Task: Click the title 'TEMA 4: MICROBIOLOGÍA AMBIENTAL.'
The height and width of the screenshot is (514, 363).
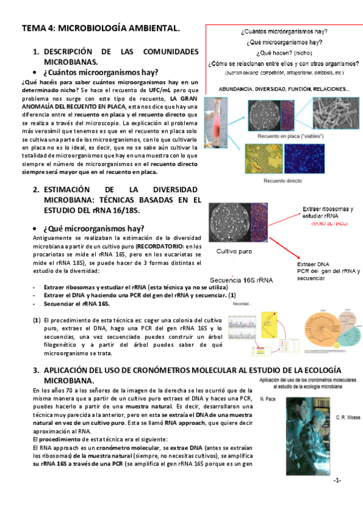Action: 101,28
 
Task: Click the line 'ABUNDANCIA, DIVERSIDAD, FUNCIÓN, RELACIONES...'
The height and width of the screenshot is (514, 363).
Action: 284,89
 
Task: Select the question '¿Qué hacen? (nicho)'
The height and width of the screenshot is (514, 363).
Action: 284,53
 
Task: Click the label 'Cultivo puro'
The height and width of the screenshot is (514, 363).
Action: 236,251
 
